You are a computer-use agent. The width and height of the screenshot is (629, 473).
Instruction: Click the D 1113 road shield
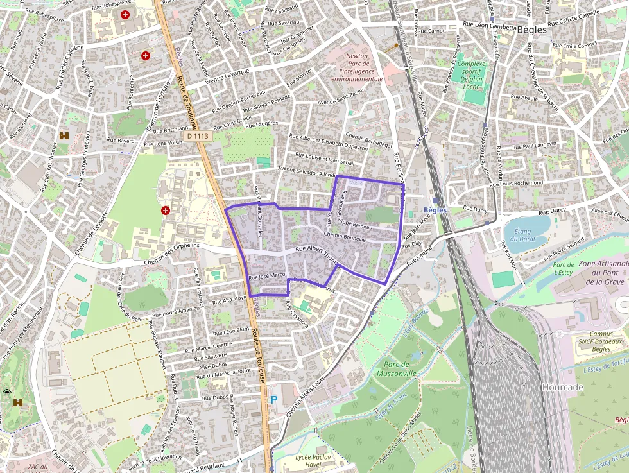coord(199,136)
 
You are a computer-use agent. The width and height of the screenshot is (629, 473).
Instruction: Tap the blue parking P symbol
coord(274,400)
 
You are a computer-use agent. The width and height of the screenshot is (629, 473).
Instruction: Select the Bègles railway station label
coord(435,210)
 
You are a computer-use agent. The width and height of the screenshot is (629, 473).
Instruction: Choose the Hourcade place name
coord(562,388)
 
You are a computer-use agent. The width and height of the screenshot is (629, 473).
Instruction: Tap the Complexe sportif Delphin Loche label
coord(472,74)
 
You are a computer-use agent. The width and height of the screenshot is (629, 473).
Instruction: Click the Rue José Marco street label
coord(267,276)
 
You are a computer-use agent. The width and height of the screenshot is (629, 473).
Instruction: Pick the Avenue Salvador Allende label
coord(307,171)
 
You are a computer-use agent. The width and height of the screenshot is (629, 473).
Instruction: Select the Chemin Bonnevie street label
coord(345,237)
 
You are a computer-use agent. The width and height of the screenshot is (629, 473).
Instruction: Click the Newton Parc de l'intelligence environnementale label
coord(357,67)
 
